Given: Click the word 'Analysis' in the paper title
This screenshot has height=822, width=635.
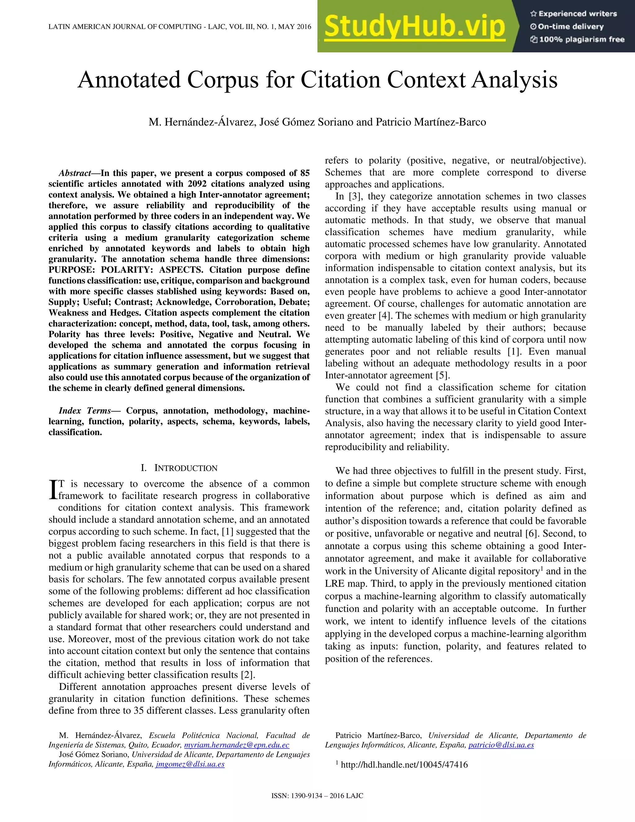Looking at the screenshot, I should tap(514, 80).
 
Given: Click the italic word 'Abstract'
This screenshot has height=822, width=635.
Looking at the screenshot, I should tap(74, 173).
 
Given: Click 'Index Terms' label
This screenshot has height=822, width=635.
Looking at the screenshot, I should tap(85, 411).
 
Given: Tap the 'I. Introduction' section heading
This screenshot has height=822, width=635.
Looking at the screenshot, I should tap(179, 468).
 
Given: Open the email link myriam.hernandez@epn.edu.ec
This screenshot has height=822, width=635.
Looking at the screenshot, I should tap(237, 745).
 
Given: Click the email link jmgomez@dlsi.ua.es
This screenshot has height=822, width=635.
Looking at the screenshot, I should tap(190, 764).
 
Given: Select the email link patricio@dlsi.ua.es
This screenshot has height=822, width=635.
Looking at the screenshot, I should tap(501, 745).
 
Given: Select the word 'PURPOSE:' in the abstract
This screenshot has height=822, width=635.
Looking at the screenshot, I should tap(70, 270).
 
